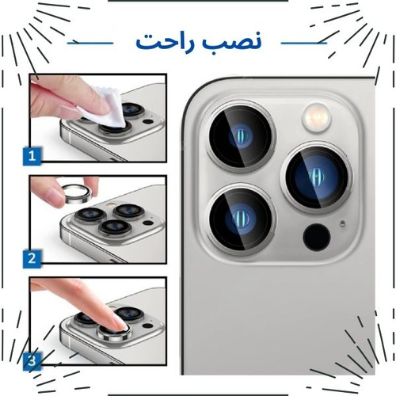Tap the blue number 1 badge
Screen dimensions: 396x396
tap(32, 156)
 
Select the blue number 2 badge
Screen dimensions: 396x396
tap(32, 258)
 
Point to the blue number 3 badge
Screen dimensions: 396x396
tap(32, 360)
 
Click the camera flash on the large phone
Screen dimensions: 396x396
tap(317, 117)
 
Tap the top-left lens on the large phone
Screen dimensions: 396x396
tap(242, 136)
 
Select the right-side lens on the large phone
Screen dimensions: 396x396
tap(317, 178)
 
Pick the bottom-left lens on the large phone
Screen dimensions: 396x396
tap(242, 219)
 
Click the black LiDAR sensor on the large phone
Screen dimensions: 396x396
tap(317, 237)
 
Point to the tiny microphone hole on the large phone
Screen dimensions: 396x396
tap(343, 223)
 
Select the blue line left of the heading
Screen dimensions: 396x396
tap(90, 43)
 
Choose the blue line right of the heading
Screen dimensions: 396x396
tap(304, 43)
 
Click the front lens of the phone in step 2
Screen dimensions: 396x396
tap(116, 227)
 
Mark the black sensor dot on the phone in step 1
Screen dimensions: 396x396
tap(148, 122)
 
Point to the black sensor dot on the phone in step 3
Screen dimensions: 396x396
tap(148, 326)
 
